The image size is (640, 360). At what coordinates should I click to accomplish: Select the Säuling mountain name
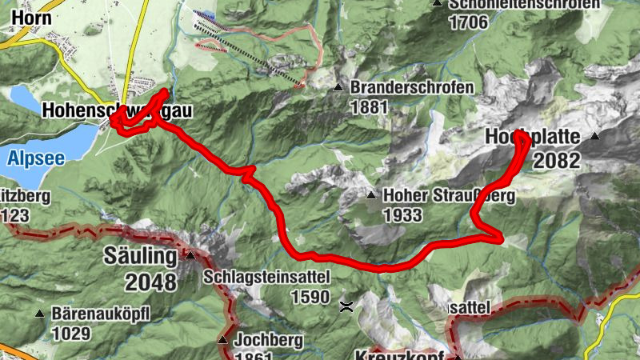pos(139,256)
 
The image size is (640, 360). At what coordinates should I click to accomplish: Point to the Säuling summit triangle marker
pos(190,256)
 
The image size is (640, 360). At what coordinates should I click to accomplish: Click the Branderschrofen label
pos(413,87)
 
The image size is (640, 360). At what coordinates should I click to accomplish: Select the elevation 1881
pos(369,106)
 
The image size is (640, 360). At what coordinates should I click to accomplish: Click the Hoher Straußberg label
pos(448,195)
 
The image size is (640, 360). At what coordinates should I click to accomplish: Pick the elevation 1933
pos(402,214)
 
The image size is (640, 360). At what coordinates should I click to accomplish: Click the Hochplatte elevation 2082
pos(556,160)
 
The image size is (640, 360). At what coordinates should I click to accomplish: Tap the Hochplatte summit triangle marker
pos(594,137)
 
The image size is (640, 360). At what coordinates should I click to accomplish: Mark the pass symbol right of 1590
pos(346,305)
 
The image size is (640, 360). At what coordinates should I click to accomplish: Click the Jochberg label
pos(269,340)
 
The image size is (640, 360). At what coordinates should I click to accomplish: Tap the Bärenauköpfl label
pos(101,313)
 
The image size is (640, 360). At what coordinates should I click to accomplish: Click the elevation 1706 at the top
pos(469,22)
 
